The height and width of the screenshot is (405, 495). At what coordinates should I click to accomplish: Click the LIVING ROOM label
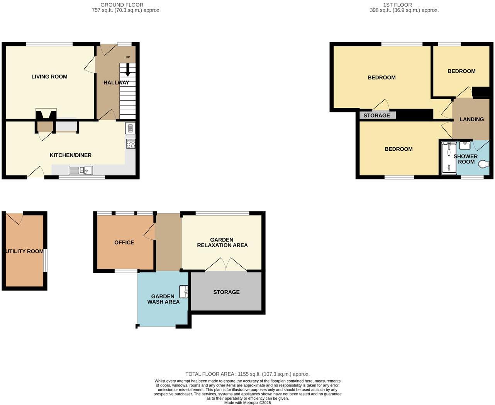(x=49, y=77)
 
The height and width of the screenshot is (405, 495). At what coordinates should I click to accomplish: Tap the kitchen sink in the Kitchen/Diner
(x=81, y=170)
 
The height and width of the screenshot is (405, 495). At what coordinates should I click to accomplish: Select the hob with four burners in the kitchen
(x=131, y=144)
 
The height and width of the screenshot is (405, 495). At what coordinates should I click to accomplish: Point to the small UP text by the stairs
(x=128, y=58)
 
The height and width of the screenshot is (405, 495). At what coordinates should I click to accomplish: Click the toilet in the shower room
(x=483, y=165)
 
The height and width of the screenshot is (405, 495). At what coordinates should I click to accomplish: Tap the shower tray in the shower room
(x=449, y=158)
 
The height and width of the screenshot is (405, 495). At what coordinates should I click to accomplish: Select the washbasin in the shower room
(x=464, y=145)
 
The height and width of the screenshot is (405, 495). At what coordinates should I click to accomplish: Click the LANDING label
(x=471, y=119)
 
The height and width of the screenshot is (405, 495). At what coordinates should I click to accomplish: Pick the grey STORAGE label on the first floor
(x=376, y=116)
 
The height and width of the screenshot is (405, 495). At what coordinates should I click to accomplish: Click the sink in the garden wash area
(x=184, y=291)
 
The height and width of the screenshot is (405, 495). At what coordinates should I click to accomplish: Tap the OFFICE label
(x=124, y=242)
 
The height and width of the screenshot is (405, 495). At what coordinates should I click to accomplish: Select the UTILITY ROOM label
(x=24, y=251)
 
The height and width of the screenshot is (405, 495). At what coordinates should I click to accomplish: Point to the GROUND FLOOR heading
(x=122, y=5)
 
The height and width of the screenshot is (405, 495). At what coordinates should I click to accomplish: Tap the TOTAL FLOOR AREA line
(x=247, y=374)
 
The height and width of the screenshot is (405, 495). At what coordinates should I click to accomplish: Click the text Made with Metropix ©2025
(x=247, y=402)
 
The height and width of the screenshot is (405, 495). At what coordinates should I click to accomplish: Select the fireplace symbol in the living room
(x=46, y=115)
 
